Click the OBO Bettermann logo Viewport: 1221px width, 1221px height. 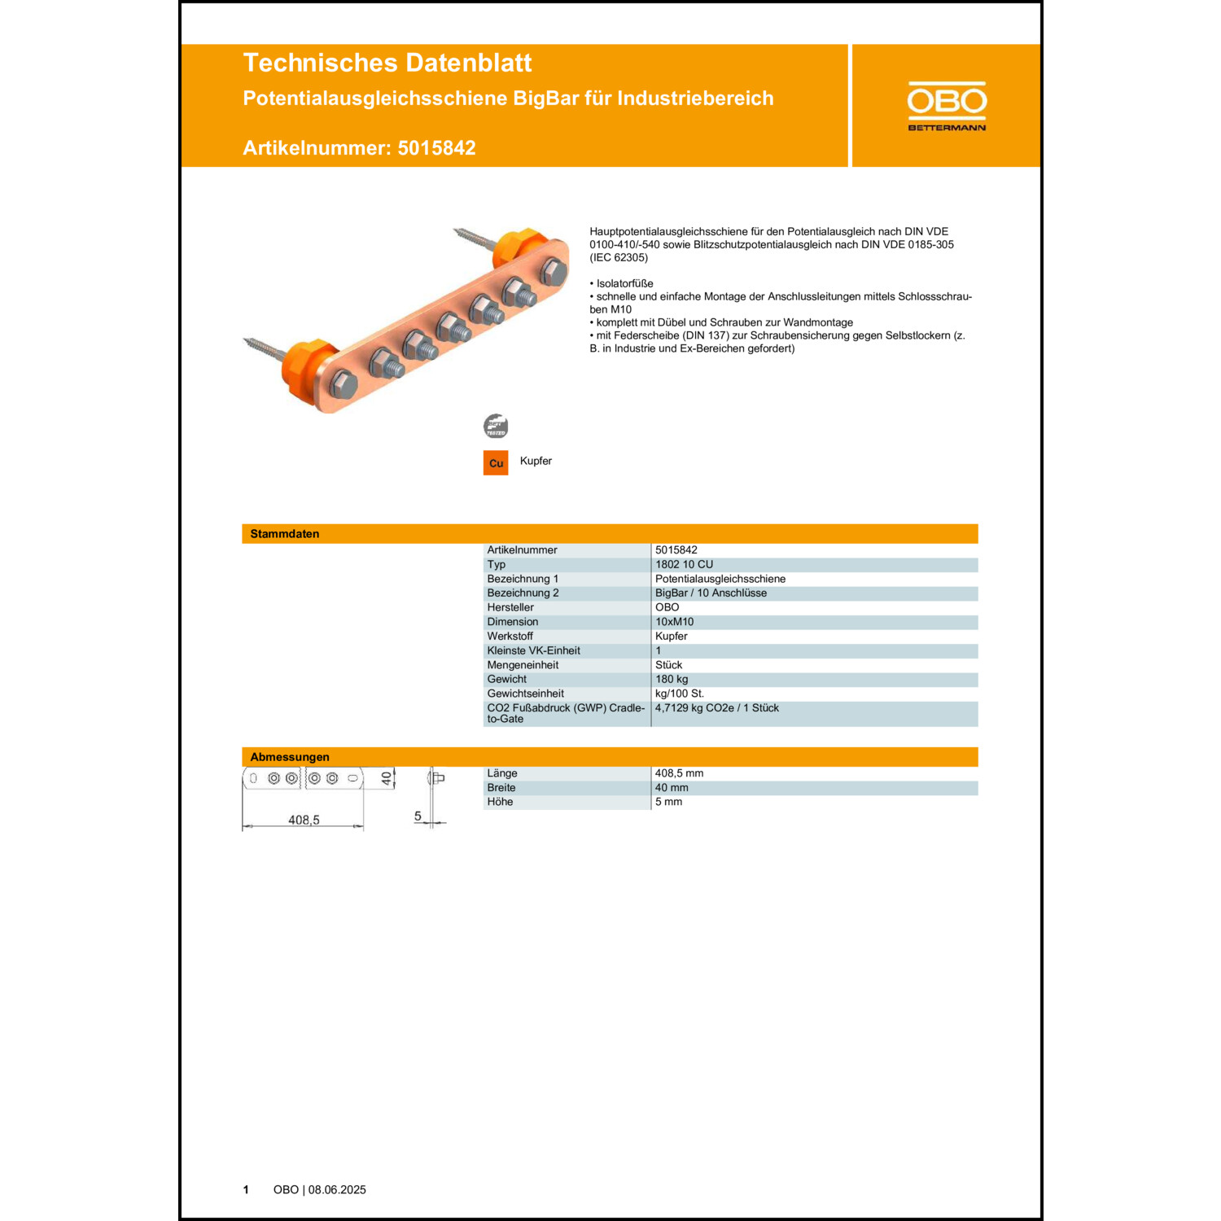tap(947, 106)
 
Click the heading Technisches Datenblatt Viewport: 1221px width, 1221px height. tap(387, 63)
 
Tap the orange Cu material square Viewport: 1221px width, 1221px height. tap(496, 463)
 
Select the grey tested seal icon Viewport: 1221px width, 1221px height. tap(496, 426)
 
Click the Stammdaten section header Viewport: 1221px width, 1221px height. tap(285, 534)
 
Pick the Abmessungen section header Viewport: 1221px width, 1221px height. tap(290, 757)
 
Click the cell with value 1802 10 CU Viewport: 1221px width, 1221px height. tap(684, 564)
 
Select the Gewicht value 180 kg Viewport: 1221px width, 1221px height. tap(672, 679)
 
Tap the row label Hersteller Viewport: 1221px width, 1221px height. tap(510, 607)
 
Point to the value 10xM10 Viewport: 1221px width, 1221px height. tap(674, 622)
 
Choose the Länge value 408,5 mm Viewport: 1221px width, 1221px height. tap(679, 773)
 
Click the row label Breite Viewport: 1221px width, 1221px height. tap(501, 788)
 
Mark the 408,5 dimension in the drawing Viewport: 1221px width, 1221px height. tap(304, 820)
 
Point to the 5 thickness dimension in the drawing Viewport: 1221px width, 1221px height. tap(418, 816)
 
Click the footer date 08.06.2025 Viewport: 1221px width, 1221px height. tap(337, 1190)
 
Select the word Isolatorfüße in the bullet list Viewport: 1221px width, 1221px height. tap(624, 283)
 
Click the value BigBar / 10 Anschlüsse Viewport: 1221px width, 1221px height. tap(711, 593)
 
